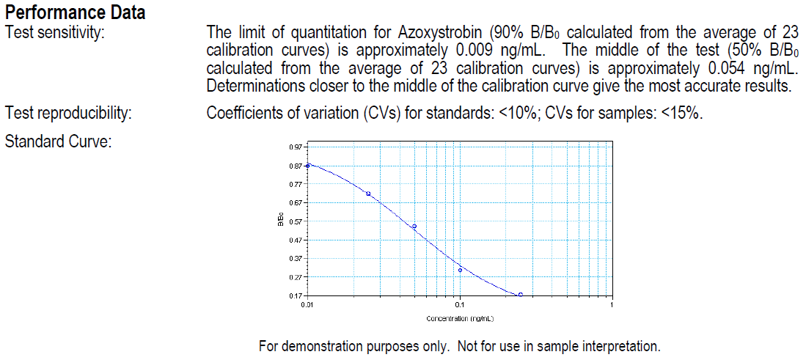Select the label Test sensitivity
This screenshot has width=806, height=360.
[x=54, y=32]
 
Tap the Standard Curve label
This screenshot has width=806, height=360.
[x=58, y=141]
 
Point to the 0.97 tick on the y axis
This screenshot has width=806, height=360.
[x=295, y=147]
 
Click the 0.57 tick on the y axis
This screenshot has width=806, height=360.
[x=295, y=221]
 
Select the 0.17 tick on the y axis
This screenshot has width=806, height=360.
[x=295, y=295]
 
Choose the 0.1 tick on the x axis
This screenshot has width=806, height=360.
[x=459, y=305]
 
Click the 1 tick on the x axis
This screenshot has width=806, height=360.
[x=611, y=305]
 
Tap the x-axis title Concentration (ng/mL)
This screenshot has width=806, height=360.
[x=460, y=319]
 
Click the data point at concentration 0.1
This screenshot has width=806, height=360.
[x=460, y=270]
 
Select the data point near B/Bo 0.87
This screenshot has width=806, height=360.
[x=308, y=165]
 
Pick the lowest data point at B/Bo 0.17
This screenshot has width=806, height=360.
[x=520, y=295]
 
